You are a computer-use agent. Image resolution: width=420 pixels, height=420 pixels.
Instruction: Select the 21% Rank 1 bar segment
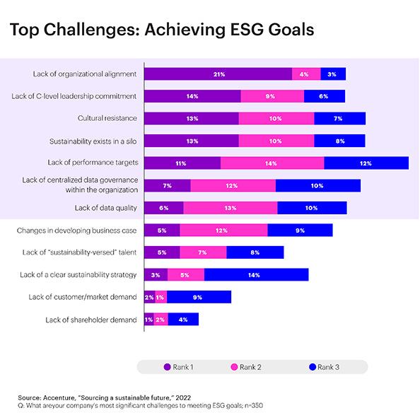click(218, 74)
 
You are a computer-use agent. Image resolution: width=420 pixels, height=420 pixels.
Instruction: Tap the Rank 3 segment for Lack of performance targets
click(366, 163)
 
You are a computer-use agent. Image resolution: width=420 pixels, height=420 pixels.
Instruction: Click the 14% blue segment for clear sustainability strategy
click(256, 274)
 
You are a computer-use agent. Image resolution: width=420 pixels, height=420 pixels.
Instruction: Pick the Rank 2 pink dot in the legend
click(233, 366)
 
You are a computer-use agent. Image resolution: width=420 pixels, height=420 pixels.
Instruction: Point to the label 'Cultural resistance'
click(107, 118)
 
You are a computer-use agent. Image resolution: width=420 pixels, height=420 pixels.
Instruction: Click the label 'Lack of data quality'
click(105, 208)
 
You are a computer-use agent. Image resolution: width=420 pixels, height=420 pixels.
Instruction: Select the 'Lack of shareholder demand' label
click(91, 320)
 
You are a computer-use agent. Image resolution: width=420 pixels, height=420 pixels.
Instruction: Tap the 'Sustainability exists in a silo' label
click(93, 141)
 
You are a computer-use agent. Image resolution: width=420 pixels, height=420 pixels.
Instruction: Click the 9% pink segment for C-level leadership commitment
click(272, 96)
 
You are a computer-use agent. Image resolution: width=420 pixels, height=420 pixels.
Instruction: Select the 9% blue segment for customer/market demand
click(199, 297)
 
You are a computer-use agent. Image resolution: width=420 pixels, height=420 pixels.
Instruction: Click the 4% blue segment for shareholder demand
click(183, 320)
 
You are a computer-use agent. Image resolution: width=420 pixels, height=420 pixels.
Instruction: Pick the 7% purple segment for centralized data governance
click(168, 185)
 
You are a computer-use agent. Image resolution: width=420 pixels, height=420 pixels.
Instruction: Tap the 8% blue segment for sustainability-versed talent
click(255, 252)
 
